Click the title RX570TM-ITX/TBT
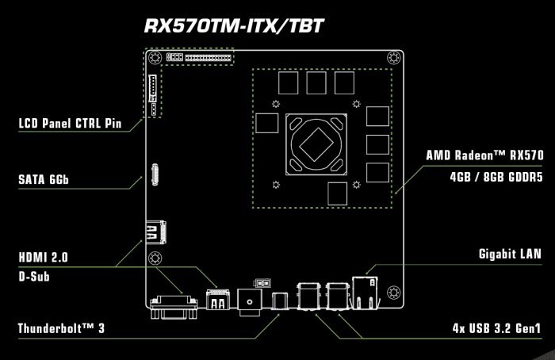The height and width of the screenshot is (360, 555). (233, 25)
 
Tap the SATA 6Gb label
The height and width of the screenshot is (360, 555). (44, 180)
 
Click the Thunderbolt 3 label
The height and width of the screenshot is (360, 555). (61, 327)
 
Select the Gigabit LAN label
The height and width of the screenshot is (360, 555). (510, 255)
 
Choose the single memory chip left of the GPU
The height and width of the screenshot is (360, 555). (268, 124)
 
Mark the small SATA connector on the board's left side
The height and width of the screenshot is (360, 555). (155, 175)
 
